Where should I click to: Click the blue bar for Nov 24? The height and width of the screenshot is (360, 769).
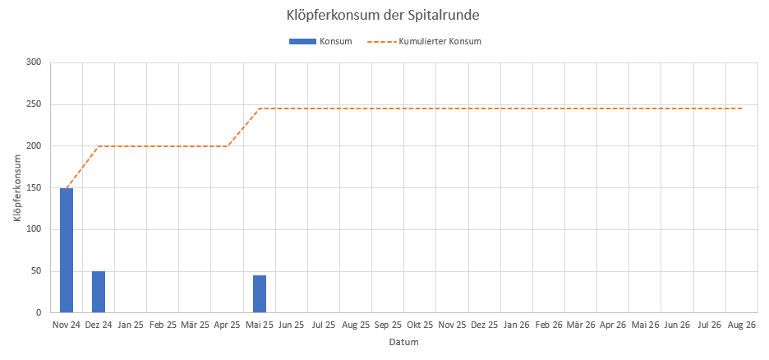67,250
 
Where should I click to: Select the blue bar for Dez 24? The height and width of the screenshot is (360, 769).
99,292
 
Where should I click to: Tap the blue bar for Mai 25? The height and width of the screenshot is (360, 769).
260,293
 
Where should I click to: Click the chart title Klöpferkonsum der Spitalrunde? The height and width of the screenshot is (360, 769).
384,15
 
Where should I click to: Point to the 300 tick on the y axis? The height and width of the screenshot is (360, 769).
34,62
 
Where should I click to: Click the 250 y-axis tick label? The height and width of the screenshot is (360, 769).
34,104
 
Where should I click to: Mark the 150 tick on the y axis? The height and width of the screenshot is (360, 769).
34,188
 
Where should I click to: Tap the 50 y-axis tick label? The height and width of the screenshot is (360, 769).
36,271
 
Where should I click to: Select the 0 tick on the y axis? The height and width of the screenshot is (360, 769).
39,313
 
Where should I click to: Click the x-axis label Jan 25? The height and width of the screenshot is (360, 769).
131,325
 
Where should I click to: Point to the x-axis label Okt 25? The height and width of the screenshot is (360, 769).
420,325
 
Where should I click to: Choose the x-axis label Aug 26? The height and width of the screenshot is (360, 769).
742,325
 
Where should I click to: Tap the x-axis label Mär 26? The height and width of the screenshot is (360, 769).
581,325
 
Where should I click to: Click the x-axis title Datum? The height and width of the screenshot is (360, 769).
403,343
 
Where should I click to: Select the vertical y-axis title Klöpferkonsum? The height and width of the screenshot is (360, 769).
17,187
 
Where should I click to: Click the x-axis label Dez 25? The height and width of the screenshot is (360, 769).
485,325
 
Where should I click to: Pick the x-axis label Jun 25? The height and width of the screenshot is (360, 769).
292,325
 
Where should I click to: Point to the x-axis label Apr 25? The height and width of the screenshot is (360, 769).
227,325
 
